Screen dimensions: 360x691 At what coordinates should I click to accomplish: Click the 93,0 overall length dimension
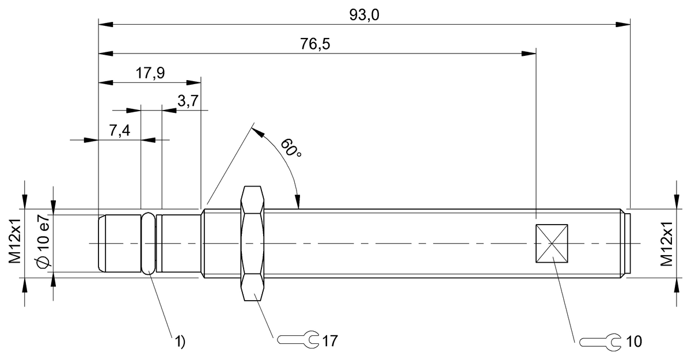pos(364,15)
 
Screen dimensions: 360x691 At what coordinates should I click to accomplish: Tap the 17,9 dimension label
pos(150,73)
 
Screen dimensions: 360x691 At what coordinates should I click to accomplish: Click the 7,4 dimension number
pos(119,131)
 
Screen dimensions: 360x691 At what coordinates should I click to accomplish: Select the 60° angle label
pos(291,148)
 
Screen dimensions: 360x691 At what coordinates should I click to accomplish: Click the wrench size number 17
pos(330,340)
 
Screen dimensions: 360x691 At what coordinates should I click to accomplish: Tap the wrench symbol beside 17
pos(298,340)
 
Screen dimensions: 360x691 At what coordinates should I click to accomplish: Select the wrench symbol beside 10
pos(600,341)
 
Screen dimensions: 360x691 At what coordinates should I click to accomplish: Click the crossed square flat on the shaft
pos(552,244)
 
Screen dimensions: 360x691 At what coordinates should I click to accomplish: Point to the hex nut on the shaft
pos(253,243)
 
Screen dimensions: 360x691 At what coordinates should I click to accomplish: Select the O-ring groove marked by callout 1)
pos(149,243)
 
